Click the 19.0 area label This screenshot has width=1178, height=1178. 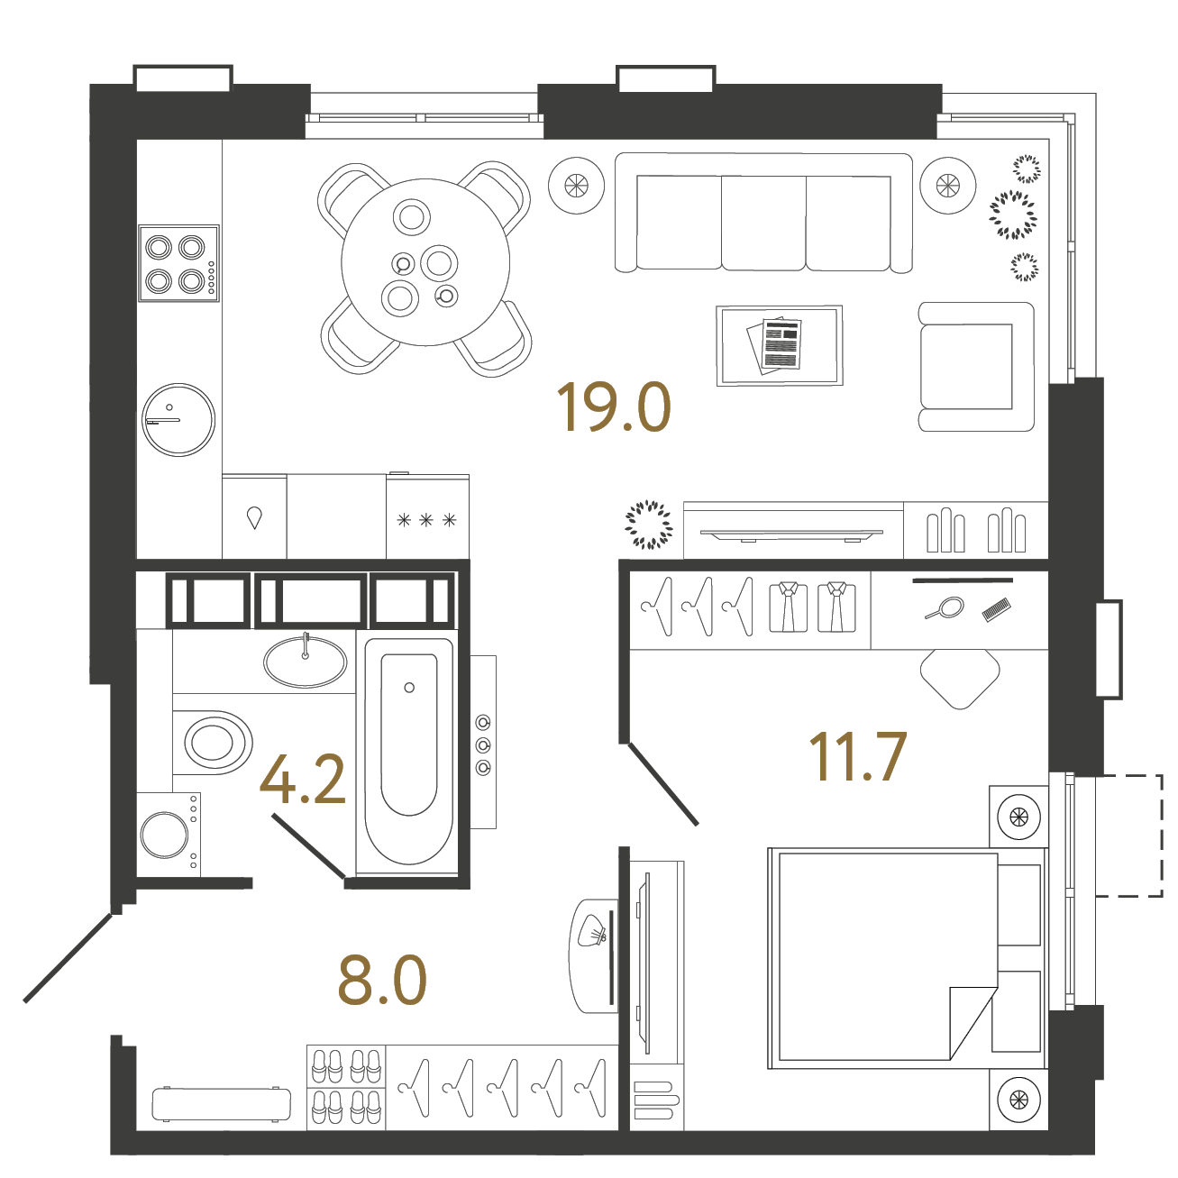[x=614, y=406]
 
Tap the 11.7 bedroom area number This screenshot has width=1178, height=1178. [x=857, y=757]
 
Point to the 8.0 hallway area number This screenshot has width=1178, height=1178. [x=382, y=982]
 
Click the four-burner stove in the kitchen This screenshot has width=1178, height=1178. [x=178, y=263]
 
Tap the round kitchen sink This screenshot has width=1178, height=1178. [x=178, y=420]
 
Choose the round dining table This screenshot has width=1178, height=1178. [x=425, y=262]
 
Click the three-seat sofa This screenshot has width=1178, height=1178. [x=763, y=212]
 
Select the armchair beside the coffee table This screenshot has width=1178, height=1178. [x=976, y=366]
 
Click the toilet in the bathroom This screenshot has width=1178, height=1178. [x=212, y=742]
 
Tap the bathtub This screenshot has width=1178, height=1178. [x=409, y=752]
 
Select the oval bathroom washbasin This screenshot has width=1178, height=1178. [x=305, y=662]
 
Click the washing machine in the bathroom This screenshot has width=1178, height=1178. [x=169, y=835]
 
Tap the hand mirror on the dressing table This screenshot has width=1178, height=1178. [x=945, y=608]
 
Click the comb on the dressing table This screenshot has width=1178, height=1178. [x=996, y=610]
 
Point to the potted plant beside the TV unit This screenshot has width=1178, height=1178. [x=649, y=525]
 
